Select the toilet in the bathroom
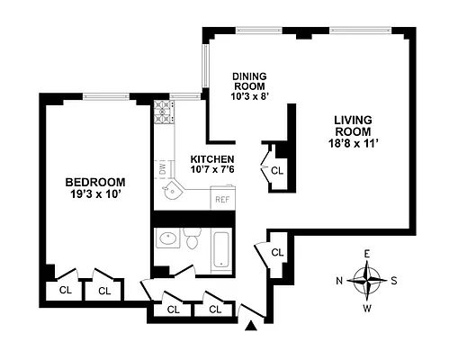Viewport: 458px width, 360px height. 191,238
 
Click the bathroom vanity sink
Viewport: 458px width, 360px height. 166,239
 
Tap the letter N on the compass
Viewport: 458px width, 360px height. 339,280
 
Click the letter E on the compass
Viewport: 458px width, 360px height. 366,254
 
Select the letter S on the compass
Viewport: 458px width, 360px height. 394,280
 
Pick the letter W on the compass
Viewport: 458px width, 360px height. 366,309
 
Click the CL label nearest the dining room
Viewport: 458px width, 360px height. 277,169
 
